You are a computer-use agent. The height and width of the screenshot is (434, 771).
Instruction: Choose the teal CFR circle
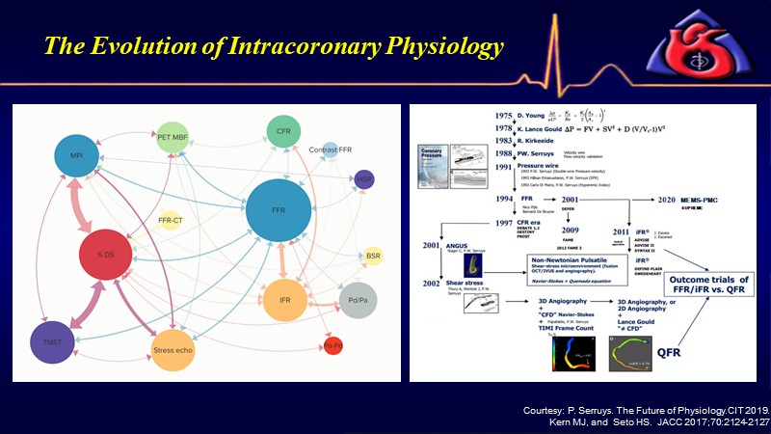tap(279, 132)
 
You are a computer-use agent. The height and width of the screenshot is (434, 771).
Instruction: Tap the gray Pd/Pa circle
tap(359, 301)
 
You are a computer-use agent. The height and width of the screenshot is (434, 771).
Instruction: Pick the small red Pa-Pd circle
tap(332, 344)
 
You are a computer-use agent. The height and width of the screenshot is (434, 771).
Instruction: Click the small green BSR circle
tap(373, 256)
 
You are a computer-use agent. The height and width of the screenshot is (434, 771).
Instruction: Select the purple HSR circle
tap(363, 180)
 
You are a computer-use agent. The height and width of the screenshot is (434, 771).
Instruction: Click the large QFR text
tap(649, 351)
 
